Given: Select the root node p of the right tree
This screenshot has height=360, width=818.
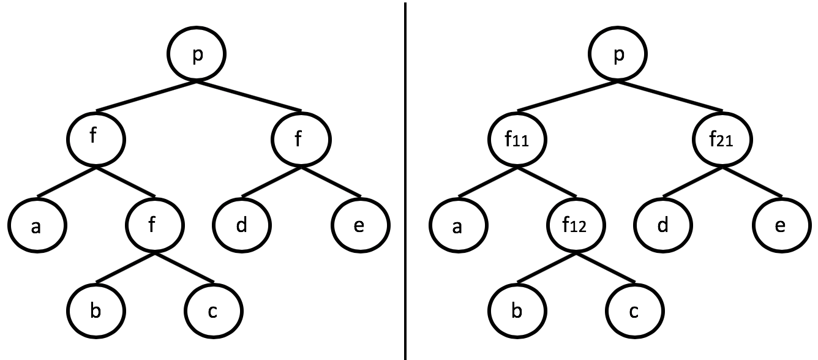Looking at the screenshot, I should pyautogui.click(x=619, y=54).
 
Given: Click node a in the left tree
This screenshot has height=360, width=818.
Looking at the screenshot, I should pyautogui.click(x=37, y=226).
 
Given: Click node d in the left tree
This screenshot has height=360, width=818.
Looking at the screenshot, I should pyautogui.click(x=242, y=226).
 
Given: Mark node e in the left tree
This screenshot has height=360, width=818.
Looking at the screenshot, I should pyautogui.click(x=360, y=226).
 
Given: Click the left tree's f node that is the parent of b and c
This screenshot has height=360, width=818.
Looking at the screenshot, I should pyautogui.click(x=155, y=226).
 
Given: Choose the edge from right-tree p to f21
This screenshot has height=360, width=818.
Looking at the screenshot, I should pyautogui.click(x=671, y=96).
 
